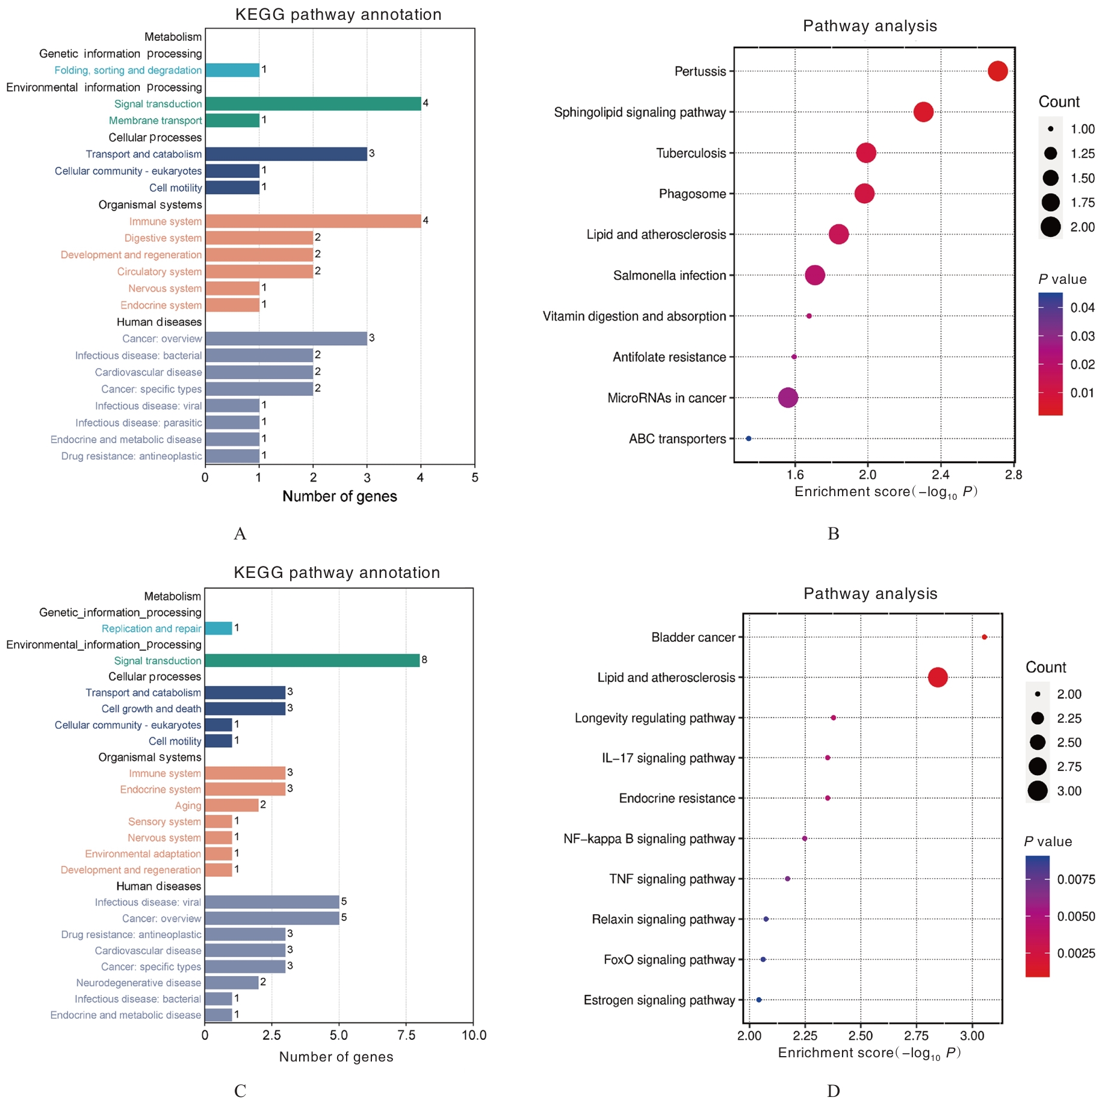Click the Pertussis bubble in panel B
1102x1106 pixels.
click(997, 71)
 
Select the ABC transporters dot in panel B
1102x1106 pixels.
click(748, 438)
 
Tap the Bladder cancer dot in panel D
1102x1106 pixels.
click(984, 637)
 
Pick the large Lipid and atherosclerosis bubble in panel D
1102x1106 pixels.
click(937, 677)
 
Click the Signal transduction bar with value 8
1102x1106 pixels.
click(312, 660)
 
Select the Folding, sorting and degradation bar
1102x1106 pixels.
click(232, 70)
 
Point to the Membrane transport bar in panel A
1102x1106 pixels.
click(232, 120)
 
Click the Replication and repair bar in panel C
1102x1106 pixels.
click(218, 628)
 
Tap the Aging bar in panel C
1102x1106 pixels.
click(232, 805)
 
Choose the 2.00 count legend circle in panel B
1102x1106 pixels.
click(1050, 227)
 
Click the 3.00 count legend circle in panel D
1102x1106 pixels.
click(1037, 791)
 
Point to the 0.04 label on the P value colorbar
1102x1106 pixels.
click(1082, 308)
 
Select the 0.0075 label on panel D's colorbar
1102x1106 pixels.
click(1076, 880)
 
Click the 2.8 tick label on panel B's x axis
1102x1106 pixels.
click(1014, 475)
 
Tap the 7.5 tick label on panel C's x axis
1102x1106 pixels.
click(406, 1035)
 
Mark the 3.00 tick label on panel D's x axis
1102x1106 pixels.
click(971, 1036)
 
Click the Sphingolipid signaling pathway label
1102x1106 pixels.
click(640, 112)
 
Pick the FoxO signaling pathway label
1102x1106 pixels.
click(669, 960)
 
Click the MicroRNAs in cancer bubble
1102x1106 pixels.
click(788, 398)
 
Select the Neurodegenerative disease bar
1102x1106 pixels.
click(232, 983)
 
